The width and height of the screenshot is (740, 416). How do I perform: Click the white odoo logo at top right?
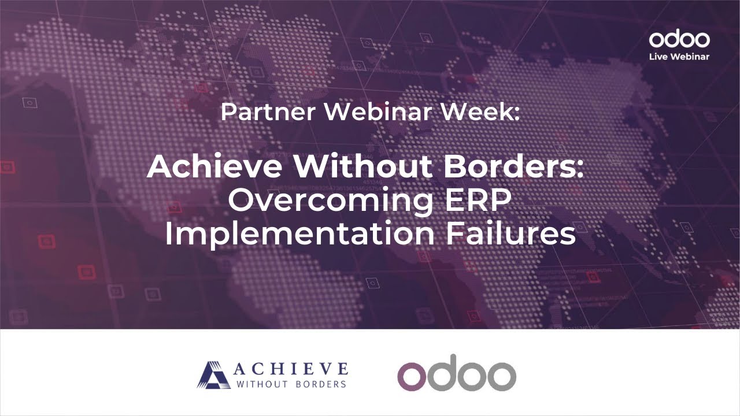(x=679, y=40)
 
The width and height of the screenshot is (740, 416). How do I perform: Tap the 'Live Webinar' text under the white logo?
(x=679, y=57)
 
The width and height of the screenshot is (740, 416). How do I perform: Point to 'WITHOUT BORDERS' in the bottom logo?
(x=291, y=384)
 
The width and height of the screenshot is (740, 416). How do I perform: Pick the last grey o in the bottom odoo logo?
(x=499, y=376)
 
